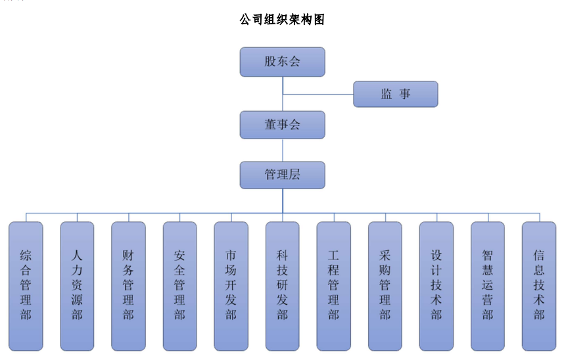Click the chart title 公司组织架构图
pos(282,20)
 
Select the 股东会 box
pos(282,62)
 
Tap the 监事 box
pos(396,94)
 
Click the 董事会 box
pos(282,125)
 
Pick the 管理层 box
pos(282,175)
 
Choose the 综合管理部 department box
pos(26,286)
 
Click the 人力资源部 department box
pos(77,286)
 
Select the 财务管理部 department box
pos(128,286)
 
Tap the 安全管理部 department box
pos(179,286)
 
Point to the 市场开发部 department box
pos(231,286)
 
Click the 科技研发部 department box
pos(283,286)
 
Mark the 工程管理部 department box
pos(333,286)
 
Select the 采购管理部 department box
pos(385,286)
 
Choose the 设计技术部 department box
pos(436,286)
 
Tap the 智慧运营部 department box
pos(488,286)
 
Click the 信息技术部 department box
pos(539,286)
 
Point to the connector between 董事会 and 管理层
pos(283,150)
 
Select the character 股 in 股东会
pos(270,62)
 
